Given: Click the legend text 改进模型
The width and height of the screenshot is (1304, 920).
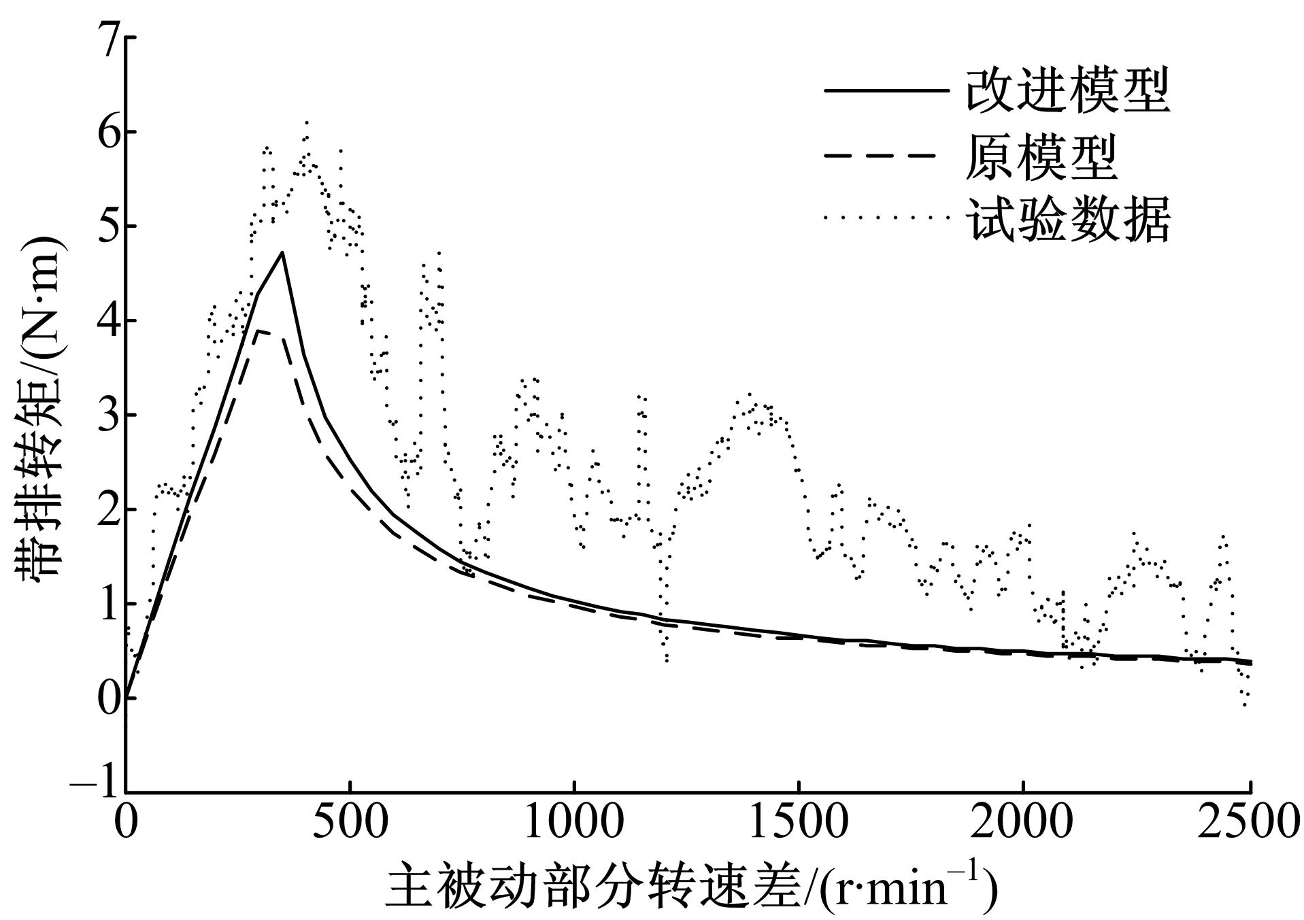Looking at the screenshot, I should (x=1068, y=90).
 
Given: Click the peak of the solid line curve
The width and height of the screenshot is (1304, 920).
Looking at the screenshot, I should (x=281, y=252).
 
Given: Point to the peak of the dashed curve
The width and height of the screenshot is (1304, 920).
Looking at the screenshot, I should (x=258, y=330).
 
